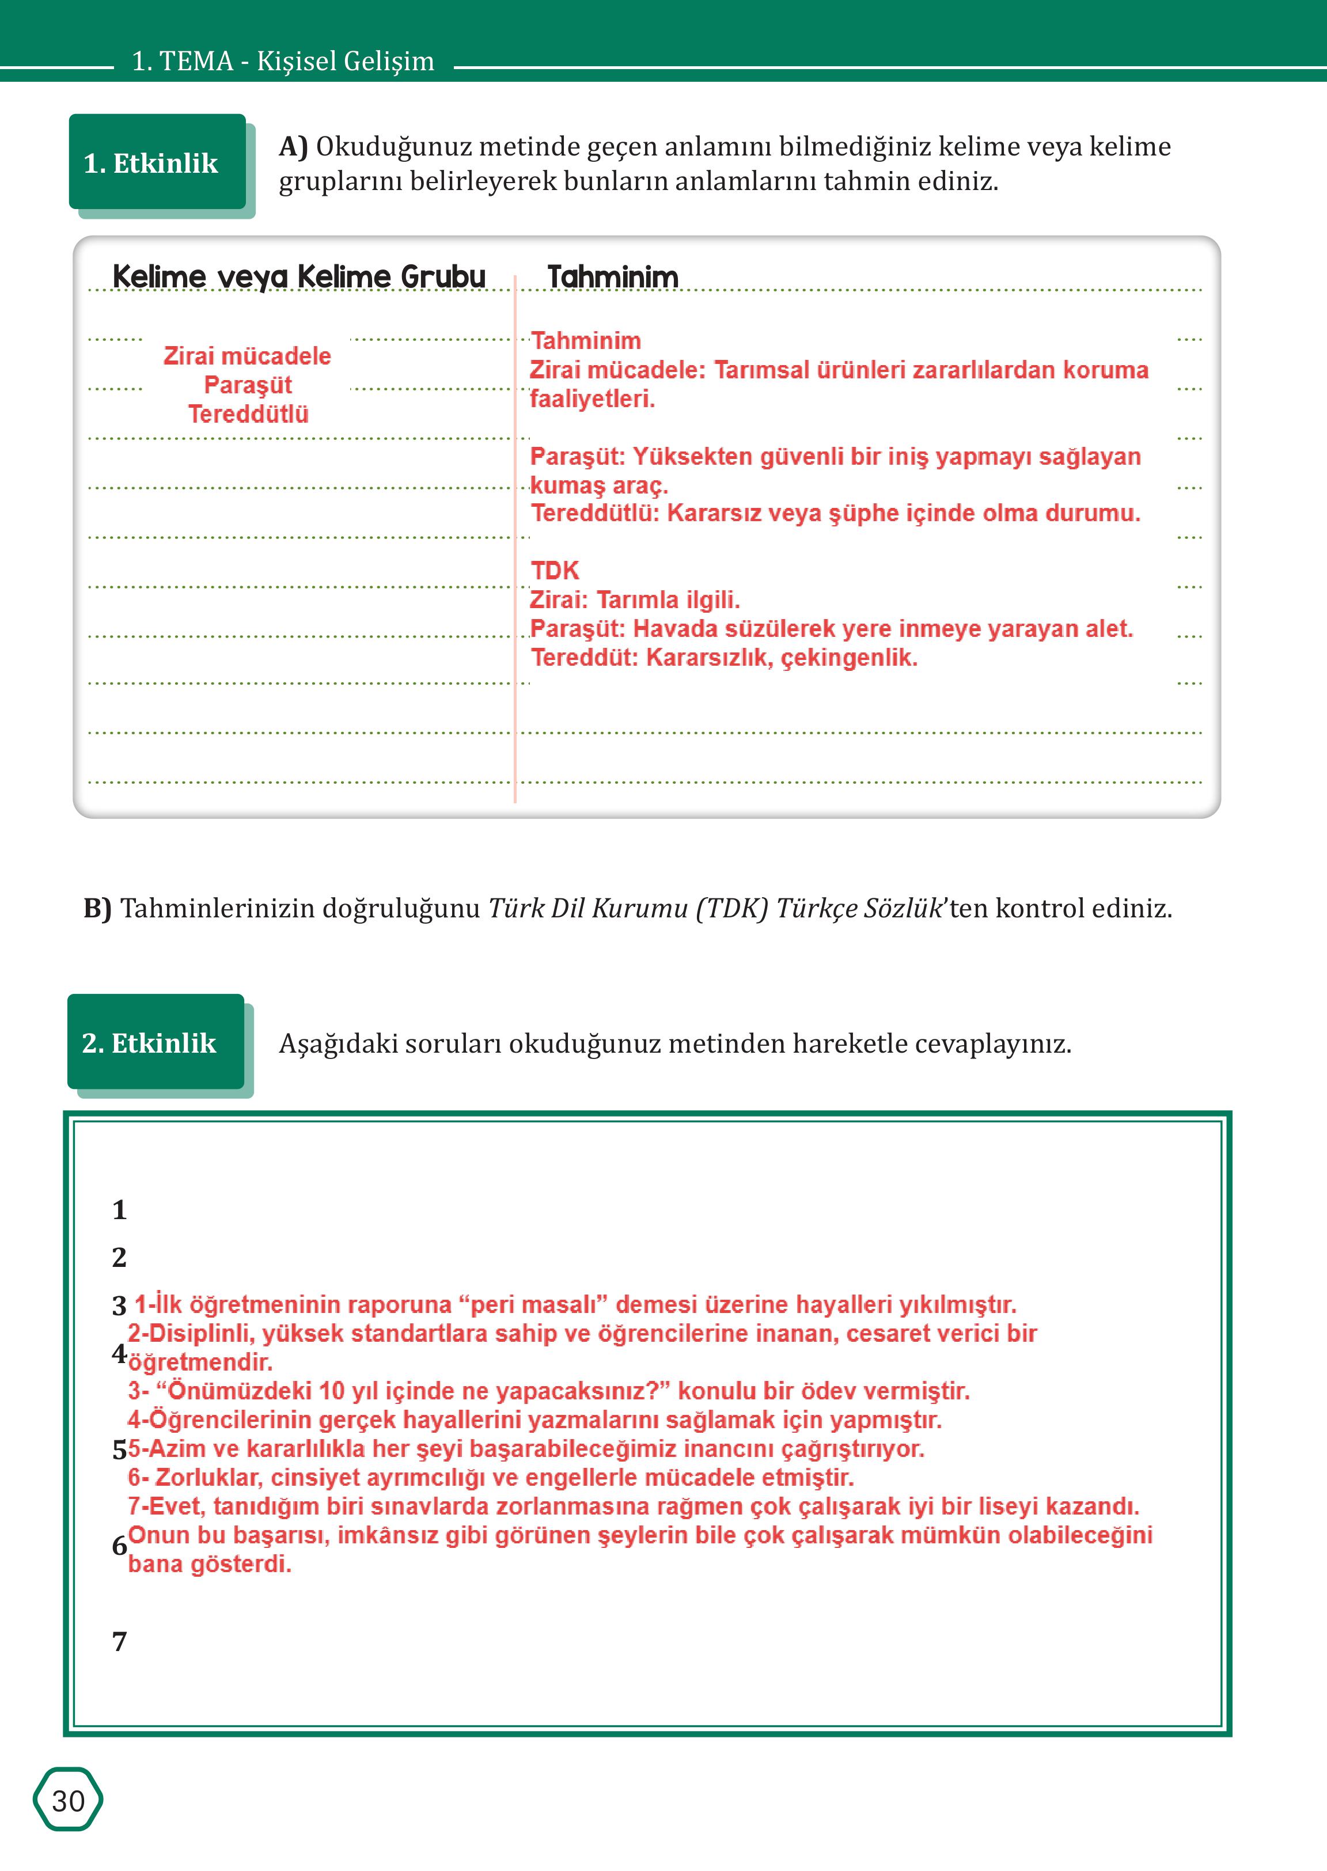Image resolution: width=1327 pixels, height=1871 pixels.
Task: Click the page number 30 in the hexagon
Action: click(68, 1800)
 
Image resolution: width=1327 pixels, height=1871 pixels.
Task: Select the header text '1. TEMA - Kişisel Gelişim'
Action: click(283, 61)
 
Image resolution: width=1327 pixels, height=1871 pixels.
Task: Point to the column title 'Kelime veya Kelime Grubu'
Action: click(299, 276)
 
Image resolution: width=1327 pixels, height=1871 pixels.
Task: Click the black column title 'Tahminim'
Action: click(613, 277)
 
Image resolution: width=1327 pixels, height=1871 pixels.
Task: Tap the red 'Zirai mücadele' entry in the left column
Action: click(247, 356)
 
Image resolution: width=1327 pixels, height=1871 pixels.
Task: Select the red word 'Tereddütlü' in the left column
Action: click(248, 413)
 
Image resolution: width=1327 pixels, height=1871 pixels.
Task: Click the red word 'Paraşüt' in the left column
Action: click(248, 385)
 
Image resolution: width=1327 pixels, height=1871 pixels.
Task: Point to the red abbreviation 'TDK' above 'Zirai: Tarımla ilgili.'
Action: click(554, 570)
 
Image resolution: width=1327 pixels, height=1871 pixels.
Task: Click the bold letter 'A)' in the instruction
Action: click(293, 146)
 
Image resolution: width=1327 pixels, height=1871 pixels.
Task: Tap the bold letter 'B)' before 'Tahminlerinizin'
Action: click(97, 908)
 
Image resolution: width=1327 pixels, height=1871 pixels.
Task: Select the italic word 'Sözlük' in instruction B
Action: click(902, 908)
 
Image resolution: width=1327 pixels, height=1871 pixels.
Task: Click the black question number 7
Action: click(119, 1641)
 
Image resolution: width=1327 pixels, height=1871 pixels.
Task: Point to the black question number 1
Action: click(119, 1209)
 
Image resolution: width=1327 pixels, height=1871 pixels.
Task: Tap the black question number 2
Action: click(119, 1257)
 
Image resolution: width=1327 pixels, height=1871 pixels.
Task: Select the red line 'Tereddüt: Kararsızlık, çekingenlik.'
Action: click(724, 658)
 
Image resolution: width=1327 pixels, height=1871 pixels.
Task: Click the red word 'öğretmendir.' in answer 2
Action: click(200, 1362)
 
